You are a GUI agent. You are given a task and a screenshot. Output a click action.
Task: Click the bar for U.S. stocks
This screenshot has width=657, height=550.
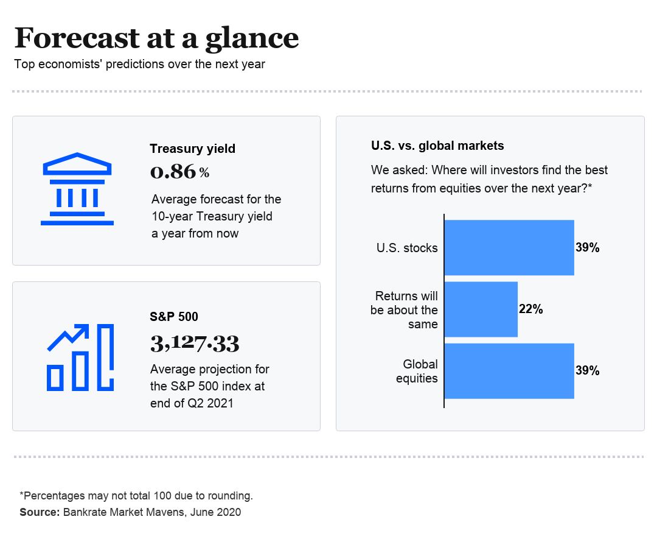click(x=509, y=247)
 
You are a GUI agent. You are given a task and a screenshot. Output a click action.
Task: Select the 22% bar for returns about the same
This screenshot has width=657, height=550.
click(x=481, y=309)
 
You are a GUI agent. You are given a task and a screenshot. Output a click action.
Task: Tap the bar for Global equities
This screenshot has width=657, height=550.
click(x=509, y=371)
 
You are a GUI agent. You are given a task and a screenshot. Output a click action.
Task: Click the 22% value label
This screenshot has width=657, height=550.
click(x=530, y=309)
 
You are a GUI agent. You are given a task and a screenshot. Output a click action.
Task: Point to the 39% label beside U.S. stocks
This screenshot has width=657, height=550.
click(x=588, y=248)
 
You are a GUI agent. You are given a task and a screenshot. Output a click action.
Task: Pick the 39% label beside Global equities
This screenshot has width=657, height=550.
click(x=588, y=371)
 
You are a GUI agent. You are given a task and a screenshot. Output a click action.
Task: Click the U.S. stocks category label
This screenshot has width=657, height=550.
click(x=407, y=248)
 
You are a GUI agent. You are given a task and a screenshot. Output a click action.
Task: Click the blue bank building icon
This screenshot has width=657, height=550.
click(x=77, y=189)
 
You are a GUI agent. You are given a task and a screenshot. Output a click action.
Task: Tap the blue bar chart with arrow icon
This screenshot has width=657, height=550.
click(x=80, y=358)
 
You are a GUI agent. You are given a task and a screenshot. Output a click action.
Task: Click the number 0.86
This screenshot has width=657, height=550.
click(x=173, y=172)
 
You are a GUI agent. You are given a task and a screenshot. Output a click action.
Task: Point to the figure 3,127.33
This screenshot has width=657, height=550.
click(x=195, y=344)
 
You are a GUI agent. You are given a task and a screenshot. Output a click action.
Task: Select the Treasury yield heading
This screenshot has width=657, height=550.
click(x=192, y=148)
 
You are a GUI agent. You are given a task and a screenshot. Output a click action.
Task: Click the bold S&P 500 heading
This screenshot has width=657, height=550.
click(x=174, y=316)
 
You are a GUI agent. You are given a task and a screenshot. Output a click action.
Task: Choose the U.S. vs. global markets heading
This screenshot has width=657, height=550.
click(x=437, y=146)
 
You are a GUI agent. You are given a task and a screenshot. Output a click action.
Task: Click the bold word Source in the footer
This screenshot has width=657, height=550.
click(x=38, y=512)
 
